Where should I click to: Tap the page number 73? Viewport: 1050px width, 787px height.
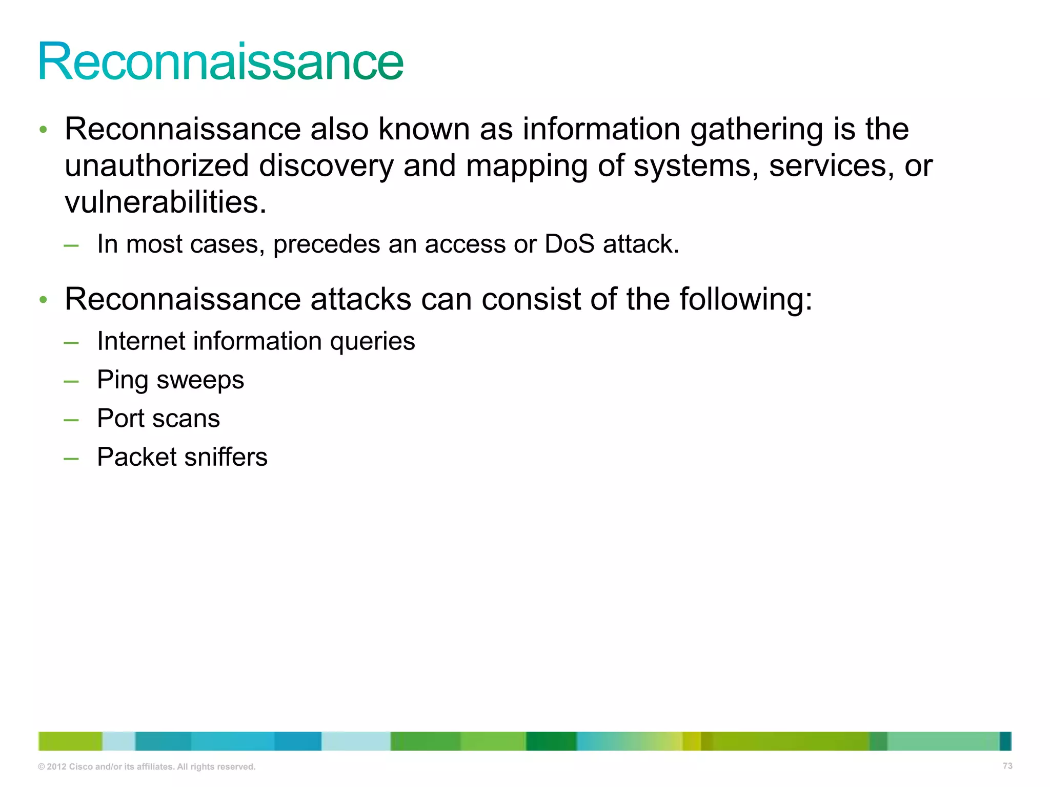(1007, 766)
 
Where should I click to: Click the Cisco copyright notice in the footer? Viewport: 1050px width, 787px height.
(147, 767)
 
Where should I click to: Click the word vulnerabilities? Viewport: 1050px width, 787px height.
(166, 202)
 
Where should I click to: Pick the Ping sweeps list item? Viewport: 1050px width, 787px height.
(170, 380)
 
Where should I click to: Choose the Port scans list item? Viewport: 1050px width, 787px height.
(158, 419)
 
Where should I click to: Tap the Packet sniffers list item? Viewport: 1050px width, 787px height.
(182, 457)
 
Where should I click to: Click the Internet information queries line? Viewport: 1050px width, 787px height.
(256, 341)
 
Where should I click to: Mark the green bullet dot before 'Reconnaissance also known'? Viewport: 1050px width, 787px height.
(44, 130)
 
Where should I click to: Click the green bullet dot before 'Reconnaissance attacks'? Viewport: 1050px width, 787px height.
(44, 300)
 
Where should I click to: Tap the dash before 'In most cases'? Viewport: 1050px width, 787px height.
(71, 246)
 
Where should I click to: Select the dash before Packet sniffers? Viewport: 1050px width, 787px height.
(71, 459)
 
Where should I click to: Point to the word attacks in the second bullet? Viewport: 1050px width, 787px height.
(361, 299)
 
